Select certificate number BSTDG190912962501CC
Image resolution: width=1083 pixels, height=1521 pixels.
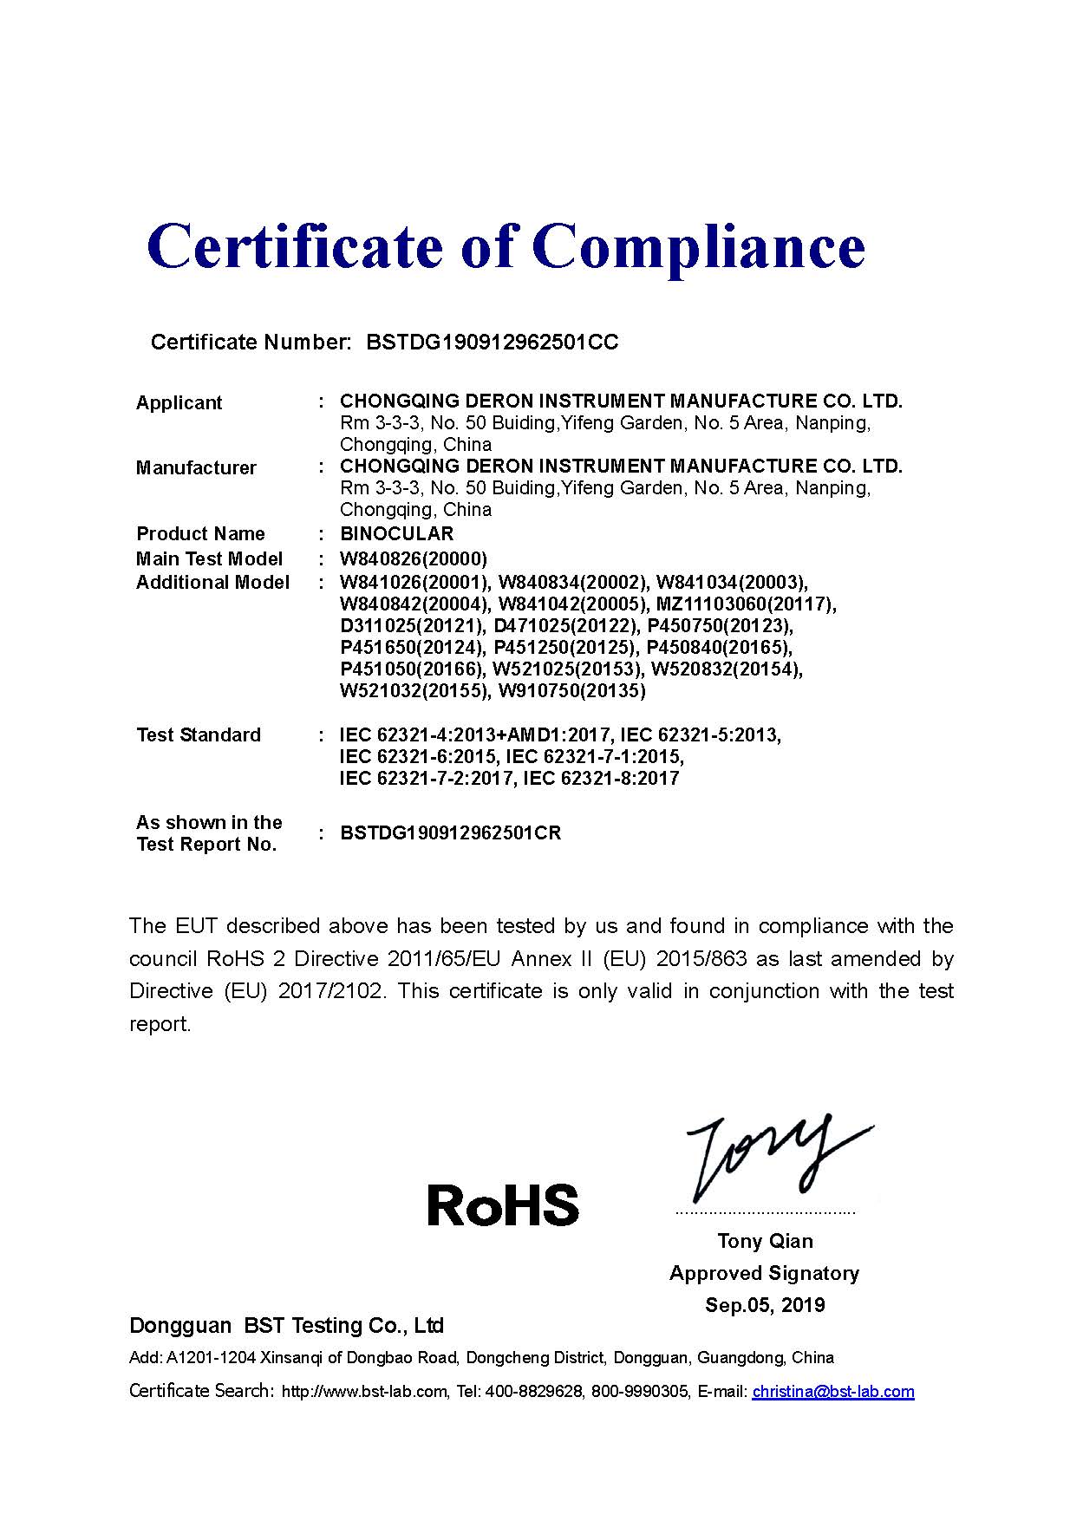493,343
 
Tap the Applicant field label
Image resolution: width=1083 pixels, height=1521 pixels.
179,403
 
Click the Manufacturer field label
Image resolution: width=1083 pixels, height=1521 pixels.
196,468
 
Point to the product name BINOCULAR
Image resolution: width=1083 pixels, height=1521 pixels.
396,533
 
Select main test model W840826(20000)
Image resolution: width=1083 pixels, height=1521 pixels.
414,558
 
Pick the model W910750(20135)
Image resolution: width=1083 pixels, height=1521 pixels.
572,691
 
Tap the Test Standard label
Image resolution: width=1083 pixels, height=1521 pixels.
199,735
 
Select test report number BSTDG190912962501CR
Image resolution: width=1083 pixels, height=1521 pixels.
450,833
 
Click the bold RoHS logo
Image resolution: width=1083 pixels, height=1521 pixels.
503,1205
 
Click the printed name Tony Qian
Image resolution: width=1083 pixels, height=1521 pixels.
765,1241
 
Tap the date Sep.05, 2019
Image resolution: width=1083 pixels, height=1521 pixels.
765,1305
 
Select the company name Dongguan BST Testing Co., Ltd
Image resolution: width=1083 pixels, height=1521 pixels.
286,1326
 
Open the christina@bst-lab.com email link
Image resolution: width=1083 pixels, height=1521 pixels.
832,1392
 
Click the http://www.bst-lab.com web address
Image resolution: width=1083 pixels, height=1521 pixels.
365,1392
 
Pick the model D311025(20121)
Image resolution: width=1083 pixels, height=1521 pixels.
413,625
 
